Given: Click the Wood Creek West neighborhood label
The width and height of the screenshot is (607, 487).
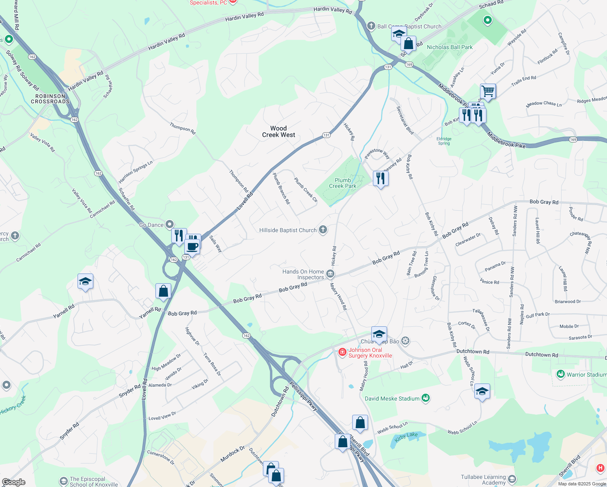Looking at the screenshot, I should tap(278, 131).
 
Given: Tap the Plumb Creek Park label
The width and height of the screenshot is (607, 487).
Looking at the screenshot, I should tap(342, 183).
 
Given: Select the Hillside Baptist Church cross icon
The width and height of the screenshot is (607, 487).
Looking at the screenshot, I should tap(323, 230).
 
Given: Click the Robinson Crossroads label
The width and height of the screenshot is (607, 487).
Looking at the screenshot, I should tap(50, 99).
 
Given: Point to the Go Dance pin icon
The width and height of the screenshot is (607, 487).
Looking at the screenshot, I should tap(170, 224).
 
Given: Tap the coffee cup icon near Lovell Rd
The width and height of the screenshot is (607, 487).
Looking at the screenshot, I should tap(192, 246).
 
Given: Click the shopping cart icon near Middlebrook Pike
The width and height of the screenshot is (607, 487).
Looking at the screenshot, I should tap(488, 91).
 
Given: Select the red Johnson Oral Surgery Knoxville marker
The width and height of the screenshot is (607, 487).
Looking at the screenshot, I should tap(342, 352).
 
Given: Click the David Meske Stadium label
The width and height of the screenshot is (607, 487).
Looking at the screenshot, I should tap(392, 399).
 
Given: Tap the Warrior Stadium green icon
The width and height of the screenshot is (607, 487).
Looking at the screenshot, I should tap(561, 374).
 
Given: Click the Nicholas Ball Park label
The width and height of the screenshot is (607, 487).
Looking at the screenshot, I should tap(450, 47).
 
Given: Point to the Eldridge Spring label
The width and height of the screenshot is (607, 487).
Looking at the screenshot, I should tap(444, 141).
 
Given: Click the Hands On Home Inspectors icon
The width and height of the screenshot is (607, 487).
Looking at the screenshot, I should tap(330, 274).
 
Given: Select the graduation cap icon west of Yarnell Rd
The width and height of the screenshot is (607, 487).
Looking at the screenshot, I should tap(85, 281).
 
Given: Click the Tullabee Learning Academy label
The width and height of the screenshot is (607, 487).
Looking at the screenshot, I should tap(483, 480).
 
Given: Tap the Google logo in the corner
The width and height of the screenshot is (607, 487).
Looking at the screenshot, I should tap(13, 482).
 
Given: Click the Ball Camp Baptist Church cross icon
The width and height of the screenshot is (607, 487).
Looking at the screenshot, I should tap(371, 26).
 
